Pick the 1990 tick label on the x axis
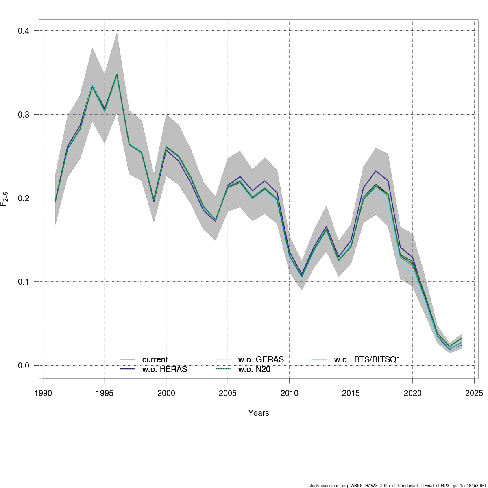43,393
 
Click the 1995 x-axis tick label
105,393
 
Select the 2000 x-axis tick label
166,393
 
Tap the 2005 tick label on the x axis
228,393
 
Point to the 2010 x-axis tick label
289,393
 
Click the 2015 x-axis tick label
351,393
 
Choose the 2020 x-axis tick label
412,393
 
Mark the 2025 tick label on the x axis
474,393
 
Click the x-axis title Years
259,413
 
